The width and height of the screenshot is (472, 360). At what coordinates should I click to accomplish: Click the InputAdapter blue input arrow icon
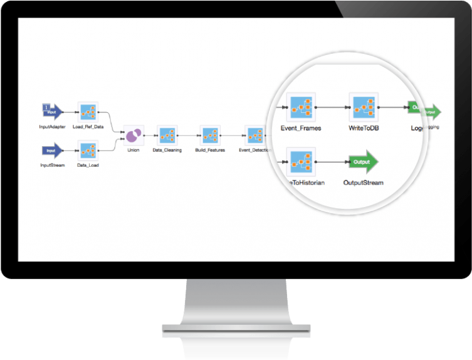pos(52,111)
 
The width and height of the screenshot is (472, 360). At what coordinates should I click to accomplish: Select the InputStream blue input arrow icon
pos(52,151)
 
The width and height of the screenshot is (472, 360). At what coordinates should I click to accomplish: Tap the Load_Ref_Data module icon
pos(87,112)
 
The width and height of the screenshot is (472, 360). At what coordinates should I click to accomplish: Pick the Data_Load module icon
pos(87,151)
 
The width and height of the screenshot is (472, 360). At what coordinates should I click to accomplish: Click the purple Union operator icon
pos(133,134)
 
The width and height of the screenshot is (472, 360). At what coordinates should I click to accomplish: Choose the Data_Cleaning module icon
pos(167,134)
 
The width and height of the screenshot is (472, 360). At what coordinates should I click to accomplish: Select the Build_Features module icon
pos(209,134)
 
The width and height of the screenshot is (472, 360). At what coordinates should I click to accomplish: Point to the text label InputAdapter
pos(52,126)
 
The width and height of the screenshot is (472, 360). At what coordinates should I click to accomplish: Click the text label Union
pos(133,150)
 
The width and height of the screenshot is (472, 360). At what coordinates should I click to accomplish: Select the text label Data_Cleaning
pos(167,150)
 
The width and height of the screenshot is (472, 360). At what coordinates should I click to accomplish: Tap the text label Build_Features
pos(209,150)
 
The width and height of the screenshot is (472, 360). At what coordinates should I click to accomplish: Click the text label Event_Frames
pos(300,128)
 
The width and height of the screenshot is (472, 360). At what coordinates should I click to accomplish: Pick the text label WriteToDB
pos(364,128)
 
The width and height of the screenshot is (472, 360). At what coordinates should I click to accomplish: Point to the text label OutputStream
pos(364,183)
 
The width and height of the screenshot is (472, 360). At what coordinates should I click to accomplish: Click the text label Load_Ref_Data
pos(88,126)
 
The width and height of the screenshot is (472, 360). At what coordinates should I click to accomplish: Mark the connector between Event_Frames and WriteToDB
pos(332,107)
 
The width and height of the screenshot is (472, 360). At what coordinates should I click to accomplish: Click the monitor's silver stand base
pos(236,329)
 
